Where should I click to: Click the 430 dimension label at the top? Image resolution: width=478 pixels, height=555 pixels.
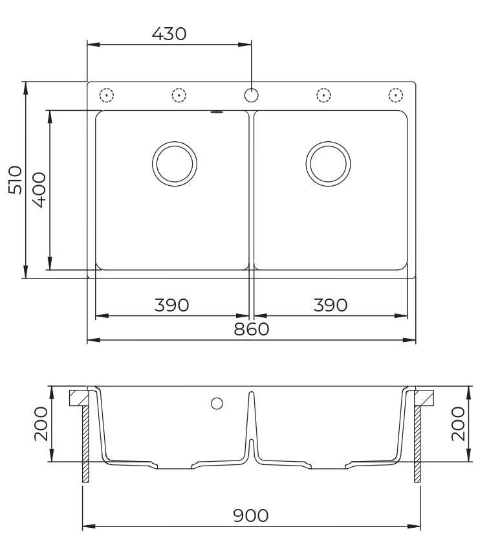pos(169,34)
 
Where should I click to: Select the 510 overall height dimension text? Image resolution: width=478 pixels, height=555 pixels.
pos(15,179)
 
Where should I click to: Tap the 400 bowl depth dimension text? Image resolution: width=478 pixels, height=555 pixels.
pos(38,189)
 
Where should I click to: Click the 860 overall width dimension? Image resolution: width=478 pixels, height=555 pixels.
pos(251,329)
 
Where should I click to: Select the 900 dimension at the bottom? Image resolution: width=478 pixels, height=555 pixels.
pos(251,515)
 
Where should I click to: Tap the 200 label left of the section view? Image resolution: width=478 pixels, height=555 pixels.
pos(40,424)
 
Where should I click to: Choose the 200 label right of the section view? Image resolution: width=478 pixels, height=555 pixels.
pos(459,424)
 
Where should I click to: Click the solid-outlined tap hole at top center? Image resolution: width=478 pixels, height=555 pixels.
pos(252,95)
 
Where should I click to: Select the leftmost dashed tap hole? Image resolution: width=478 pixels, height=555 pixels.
pos(107,95)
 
